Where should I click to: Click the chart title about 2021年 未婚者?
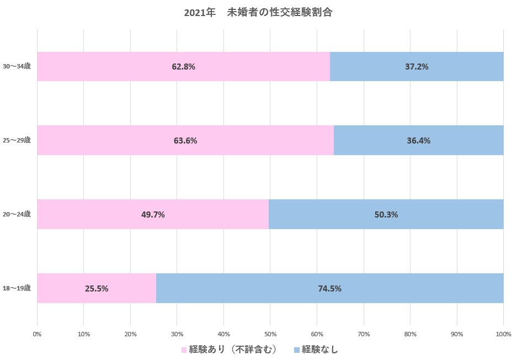point(258,13)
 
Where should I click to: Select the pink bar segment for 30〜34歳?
point(110,67)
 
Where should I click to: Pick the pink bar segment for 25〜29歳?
point(110,140)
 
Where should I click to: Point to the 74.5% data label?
point(329,288)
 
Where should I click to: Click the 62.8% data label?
point(183,67)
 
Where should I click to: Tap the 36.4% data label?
point(418,140)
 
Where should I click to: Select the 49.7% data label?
point(153,214)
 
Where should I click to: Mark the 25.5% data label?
point(97,288)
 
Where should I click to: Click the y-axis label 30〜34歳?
point(17,67)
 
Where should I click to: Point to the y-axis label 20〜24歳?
point(17,214)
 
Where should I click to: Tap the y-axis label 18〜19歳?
point(17,288)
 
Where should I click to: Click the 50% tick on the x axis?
point(270,334)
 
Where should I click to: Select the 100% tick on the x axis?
point(503,334)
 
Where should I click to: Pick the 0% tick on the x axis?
point(37,334)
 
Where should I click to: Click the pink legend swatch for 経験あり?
point(184,350)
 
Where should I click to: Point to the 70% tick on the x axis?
point(364,334)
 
